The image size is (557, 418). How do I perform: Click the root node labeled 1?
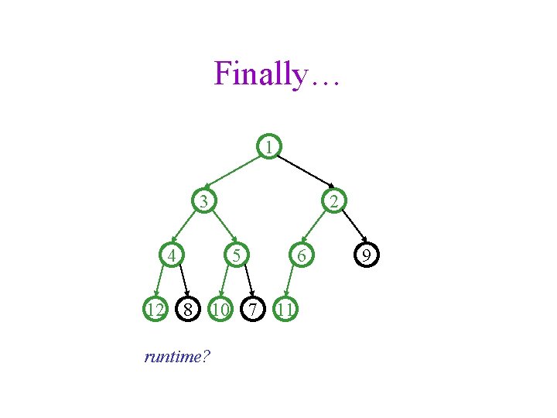click(268, 146)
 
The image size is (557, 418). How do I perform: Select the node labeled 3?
click(203, 203)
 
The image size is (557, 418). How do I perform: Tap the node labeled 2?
click(332, 203)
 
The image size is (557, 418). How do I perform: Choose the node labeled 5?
click(237, 255)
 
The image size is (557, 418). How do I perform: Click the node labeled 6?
click(302, 255)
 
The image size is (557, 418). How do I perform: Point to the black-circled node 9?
click(367, 255)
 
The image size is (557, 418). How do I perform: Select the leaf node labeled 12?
click(155, 310)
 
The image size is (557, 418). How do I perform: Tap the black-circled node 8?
click(188, 310)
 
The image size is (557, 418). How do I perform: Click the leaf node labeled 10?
click(220, 310)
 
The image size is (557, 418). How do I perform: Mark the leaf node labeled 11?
click(285, 310)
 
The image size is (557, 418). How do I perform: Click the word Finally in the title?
click(260, 74)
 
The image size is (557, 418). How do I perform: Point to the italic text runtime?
click(179, 357)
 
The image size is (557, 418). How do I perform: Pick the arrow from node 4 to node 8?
click(181, 282)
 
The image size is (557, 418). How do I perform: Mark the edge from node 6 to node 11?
click(292, 283)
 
